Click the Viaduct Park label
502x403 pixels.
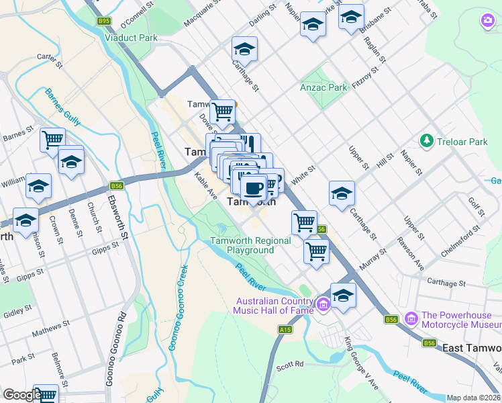coord(131,38)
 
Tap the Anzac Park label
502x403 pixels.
coord(323,87)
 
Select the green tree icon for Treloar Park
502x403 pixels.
coord(425,141)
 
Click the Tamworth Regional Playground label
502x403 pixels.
coord(250,245)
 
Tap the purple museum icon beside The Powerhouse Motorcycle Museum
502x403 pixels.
coord(411,316)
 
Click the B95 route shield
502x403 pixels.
coord(103,21)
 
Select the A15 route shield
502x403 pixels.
coord(285,330)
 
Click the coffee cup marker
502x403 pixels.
coord(254,187)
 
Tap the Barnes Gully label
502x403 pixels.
coord(62,107)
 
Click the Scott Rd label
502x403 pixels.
coord(290,365)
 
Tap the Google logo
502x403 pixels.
coord(22,396)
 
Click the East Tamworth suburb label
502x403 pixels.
coord(472,348)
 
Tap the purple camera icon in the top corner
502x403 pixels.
coord(488,21)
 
